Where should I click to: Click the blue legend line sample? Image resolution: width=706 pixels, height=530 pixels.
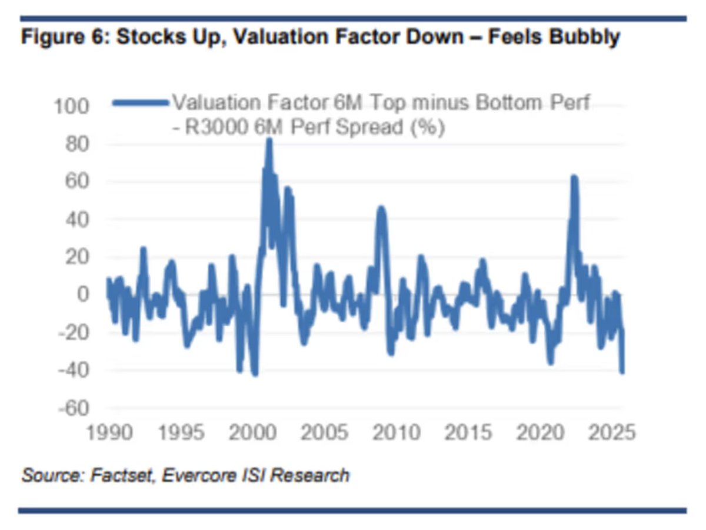click(140, 103)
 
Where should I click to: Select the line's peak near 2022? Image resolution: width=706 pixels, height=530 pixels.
click(574, 177)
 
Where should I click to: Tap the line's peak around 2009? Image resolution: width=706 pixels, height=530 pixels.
click(381, 208)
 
